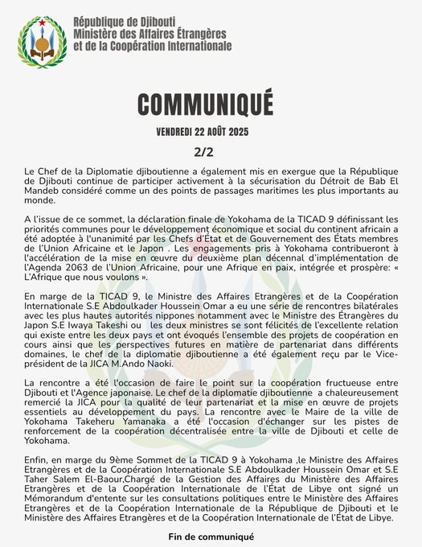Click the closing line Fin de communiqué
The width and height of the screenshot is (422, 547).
(210, 537)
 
